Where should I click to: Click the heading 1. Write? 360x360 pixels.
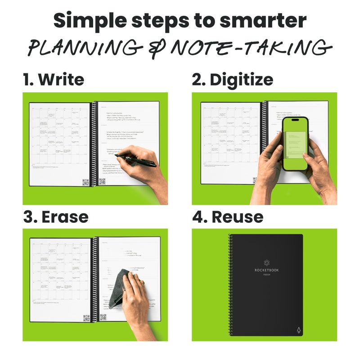click(x=54, y=80)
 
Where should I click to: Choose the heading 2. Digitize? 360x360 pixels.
click(x=232, y=80)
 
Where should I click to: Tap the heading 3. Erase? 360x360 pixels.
click(x=56, y=216)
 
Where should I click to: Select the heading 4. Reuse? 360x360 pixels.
click(x=228, y=216)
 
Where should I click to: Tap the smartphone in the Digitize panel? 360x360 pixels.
click(x=295, y=144)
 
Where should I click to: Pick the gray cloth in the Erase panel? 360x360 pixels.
click(x=119, y=288)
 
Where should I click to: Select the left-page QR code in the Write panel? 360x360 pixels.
click(x=85, y=182)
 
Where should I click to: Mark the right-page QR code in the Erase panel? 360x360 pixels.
click(x=103, y=317)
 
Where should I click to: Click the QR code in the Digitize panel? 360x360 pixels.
click(x=255, y=180)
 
